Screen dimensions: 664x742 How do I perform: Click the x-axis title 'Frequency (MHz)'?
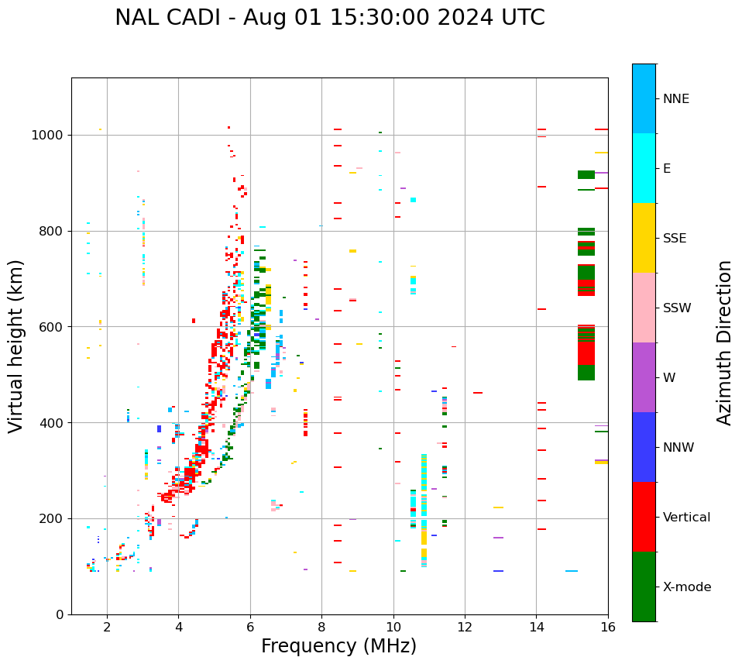point(338,646)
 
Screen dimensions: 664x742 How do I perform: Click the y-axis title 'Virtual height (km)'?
point(16,346)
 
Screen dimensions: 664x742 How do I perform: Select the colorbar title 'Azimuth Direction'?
point(724,342)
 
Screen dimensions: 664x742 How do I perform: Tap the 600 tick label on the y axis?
point(54,327)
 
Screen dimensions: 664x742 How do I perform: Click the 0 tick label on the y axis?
point(60,614)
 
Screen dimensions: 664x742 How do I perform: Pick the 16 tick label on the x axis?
point(608,627)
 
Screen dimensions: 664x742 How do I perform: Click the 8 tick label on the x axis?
point(321,627)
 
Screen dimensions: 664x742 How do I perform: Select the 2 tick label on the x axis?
point(107,627)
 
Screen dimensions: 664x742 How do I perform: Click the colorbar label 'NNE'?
point(675,99)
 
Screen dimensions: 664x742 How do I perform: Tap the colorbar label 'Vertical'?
point(686,518)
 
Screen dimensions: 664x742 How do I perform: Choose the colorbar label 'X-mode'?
point(686,587)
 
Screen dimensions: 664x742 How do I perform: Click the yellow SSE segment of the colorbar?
point(644,238)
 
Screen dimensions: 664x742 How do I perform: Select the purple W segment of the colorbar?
point(644,377)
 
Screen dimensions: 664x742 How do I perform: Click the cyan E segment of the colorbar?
point(644,168)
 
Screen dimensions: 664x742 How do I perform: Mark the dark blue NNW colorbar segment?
point(644,447)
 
